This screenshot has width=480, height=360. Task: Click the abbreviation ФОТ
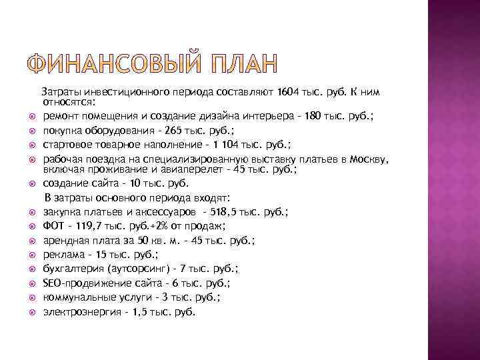pos(54,227)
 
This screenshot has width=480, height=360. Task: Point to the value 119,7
pos(89,227)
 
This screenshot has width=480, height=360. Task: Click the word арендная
pos(67,241)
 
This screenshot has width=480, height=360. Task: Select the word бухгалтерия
pos(73,269)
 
